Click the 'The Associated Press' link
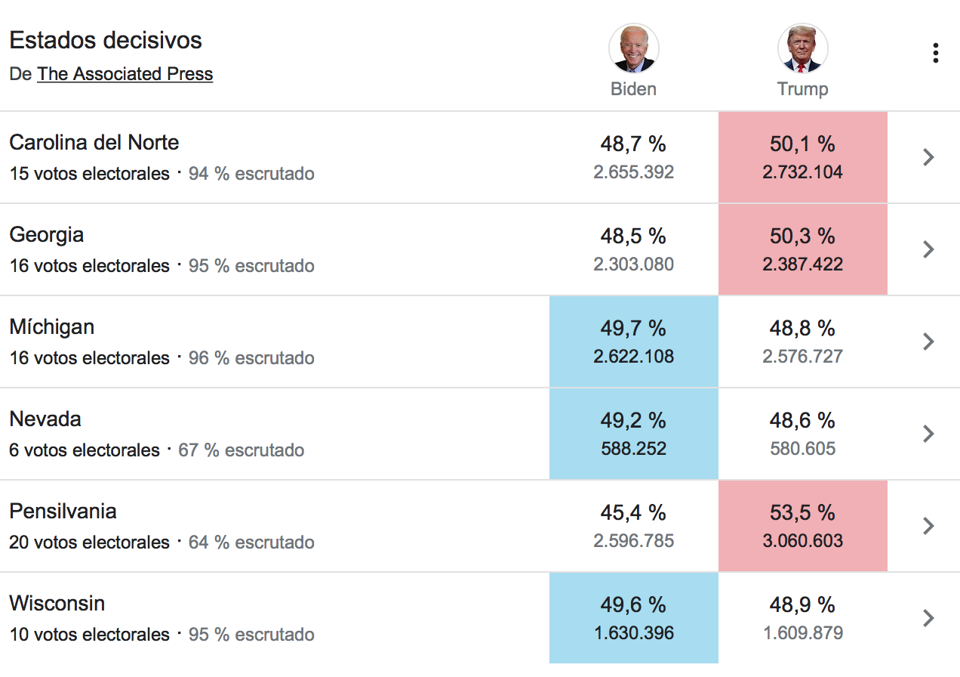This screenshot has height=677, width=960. click(x=125, y=74)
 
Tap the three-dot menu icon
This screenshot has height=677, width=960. click(x=936, y=53)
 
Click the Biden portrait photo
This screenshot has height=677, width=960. click(x=633, y=48)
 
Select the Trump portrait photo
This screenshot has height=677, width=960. click(x=802, y=48)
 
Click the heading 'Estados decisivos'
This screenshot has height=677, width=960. click(x=106, y=40)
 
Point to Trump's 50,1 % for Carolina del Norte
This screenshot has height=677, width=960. click(x=802, y=144)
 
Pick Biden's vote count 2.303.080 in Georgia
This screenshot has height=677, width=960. click(x=633, y=264)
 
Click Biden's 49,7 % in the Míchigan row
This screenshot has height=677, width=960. click(x=633, y=328)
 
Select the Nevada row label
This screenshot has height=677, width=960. click(x=45, y=419)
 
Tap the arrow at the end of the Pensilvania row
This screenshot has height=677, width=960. click(x=928, y=526)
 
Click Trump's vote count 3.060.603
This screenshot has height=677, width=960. click(x=802, y=541)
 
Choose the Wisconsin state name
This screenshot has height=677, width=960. click(x=57, y=603)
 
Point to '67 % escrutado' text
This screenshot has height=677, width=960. click(x=242, y=450)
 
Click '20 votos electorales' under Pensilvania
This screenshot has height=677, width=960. click(x=89, y=543)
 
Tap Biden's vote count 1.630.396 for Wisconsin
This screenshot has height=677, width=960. click(x=634, y=633)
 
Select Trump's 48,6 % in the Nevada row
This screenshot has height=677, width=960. click(x=802, y=420)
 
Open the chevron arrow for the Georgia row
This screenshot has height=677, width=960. click(x=928, y=249)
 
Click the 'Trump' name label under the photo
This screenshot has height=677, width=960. click(x=802, y=89)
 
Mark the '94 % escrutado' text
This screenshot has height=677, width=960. click(x=251, y=174)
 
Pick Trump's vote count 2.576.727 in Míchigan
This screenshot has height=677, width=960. click(x=802, y=357)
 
